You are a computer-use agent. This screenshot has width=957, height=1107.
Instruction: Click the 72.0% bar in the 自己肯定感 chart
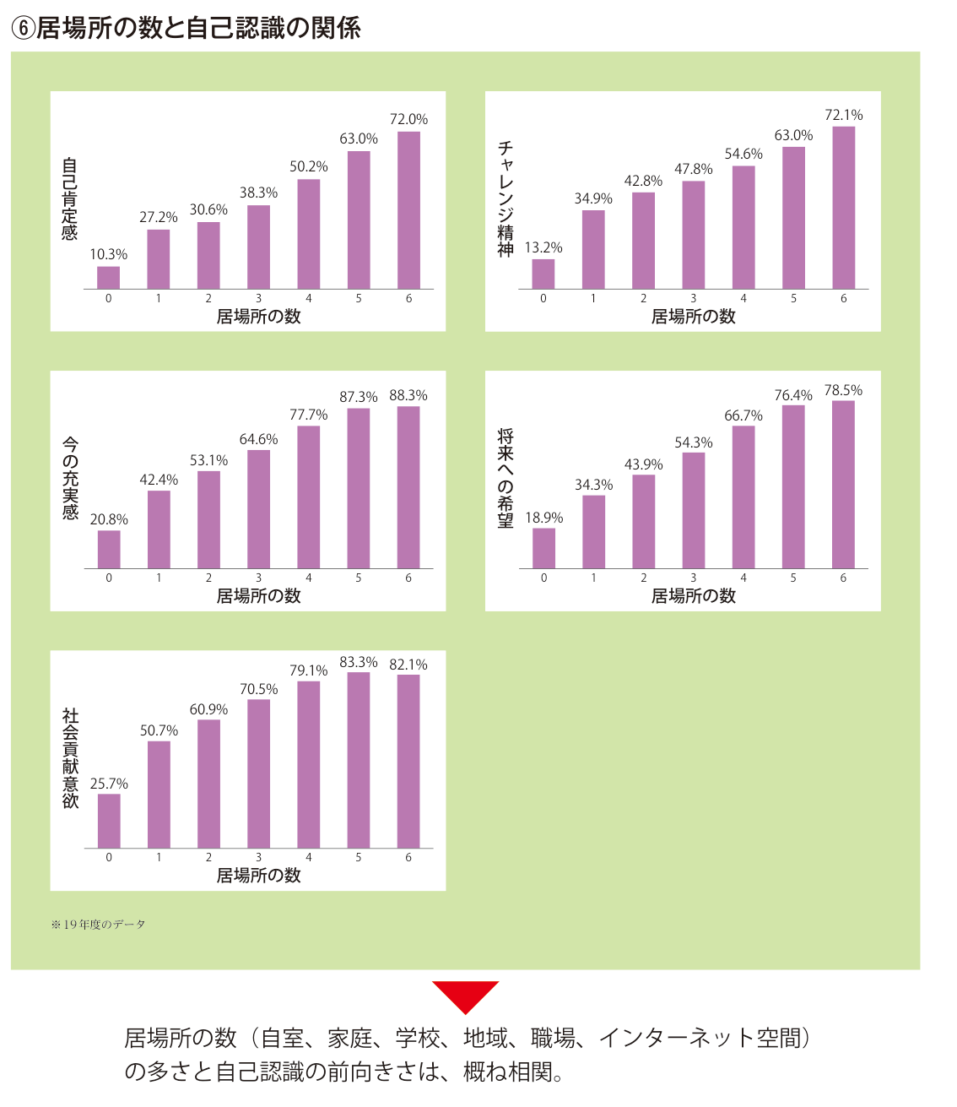click(x=408, y=210)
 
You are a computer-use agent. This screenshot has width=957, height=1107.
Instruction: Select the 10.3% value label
click(x=109, y=254)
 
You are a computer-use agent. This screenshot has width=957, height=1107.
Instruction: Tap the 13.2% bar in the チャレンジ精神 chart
click(x=543, y=274)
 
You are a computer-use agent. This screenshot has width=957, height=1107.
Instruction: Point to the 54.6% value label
click(x=743, y=154)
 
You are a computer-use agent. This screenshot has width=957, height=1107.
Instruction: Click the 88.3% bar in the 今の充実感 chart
click(x=408, y=487)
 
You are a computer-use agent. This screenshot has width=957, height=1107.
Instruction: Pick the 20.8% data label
click(x=109, y=519)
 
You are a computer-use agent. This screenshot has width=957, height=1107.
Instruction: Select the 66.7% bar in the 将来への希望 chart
click(x=743, y=497)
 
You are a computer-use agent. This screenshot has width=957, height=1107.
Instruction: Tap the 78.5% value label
click(x=843, y=390)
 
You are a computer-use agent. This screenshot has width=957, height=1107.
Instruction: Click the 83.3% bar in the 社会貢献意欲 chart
click(x=358, y=760)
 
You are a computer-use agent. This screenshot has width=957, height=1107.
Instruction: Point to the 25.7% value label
click(x=109, y=784)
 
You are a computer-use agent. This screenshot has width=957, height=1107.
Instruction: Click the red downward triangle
click(x=465, y=997)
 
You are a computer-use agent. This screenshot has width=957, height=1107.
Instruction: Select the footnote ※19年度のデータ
click(x=98, y=925)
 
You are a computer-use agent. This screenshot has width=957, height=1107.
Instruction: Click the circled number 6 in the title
click(x=23, y=29)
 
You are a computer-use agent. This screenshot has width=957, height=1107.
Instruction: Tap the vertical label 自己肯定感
click(x=69, y=198)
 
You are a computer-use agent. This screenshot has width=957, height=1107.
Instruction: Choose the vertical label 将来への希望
click(x=506, y=478)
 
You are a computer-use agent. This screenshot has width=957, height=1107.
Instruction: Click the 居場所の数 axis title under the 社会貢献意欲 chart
click(x=258, y=875)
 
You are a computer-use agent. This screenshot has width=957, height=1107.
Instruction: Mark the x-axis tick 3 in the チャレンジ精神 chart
click(x=693, y=298)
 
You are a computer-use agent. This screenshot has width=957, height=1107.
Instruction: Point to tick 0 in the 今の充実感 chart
click(x=109, y=578)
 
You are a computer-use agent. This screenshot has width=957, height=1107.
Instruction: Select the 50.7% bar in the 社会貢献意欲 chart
click(x=159, y=795)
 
